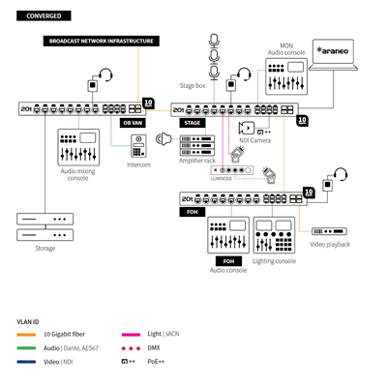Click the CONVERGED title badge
(44, 16)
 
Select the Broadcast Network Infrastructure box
(101, 41)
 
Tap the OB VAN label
(133, 123)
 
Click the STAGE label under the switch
(192, 123)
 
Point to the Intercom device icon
(139, 146)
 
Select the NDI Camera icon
(246, 128)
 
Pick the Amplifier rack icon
(197, 146)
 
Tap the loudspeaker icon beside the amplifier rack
(164, 139)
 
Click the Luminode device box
(232, 170)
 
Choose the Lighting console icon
(274, 235)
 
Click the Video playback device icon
(329, 231)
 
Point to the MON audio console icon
(286, 76)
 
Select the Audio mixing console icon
(78, 147)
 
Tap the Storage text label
(45, 248)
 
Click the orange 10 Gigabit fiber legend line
(26, 335)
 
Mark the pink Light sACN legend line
(131, 335)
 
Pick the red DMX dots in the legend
(131, 349)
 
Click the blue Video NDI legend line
(26, 362)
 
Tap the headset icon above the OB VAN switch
(106, 75)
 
